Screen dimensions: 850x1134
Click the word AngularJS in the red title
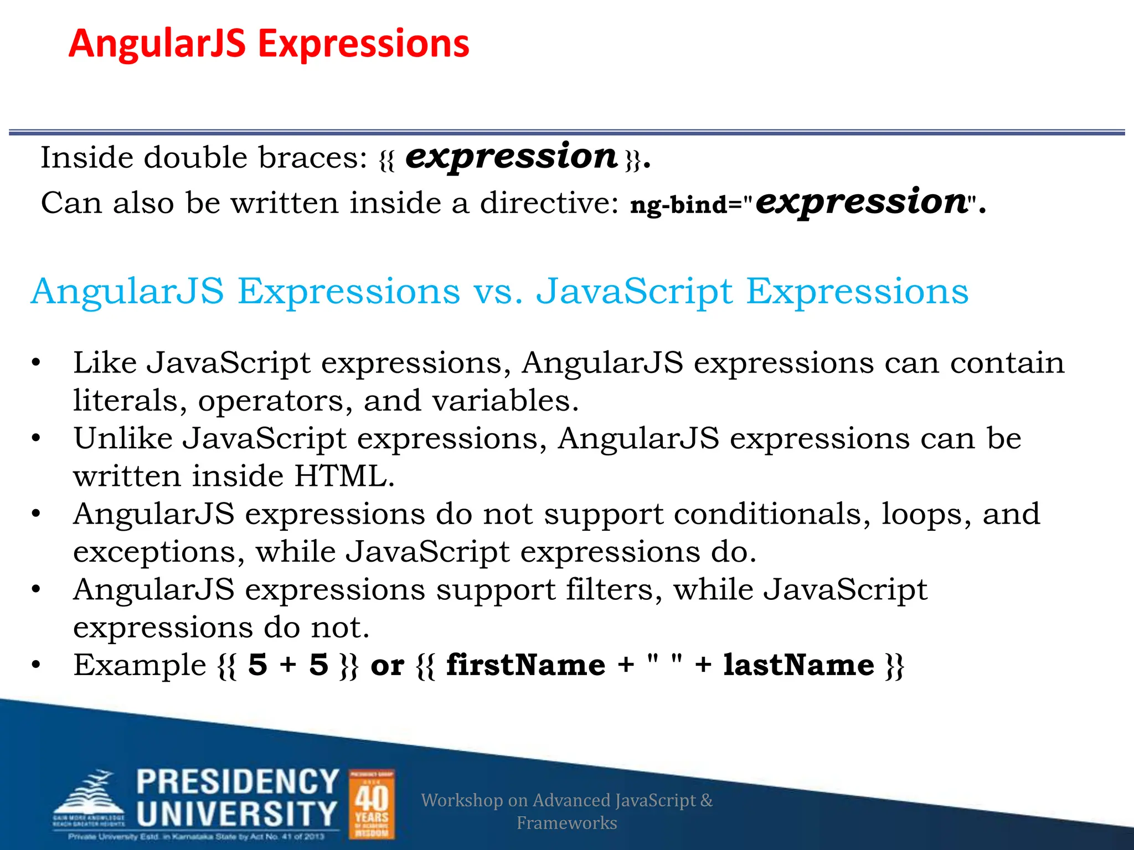pyautogui.click(x=157, y=44)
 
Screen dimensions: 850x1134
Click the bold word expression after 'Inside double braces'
pyautogui.click(x=511, y=157)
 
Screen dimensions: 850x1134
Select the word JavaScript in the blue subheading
pyautogui.click(x=635, y=292)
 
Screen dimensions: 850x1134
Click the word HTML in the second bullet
pyautogui.click(x=344, y=476)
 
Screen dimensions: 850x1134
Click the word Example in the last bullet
pyautogui.click(x=140, y=665)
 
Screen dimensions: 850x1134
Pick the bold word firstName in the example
pyautogui.click(x=525, y=665)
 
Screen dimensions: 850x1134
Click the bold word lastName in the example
pyautogui.click(x=798, y=665)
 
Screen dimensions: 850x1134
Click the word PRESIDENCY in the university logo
pyautogui.click(x=238, y=782)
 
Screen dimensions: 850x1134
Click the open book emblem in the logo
pyautogui.click(x=89, y=797)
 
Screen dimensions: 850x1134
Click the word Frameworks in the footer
pyautogui.click(x=566, y=823)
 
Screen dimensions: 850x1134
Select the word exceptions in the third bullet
pyautogui.click(x=158, y=552)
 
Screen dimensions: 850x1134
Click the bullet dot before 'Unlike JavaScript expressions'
pyautogui.click(x=36, y=439)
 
